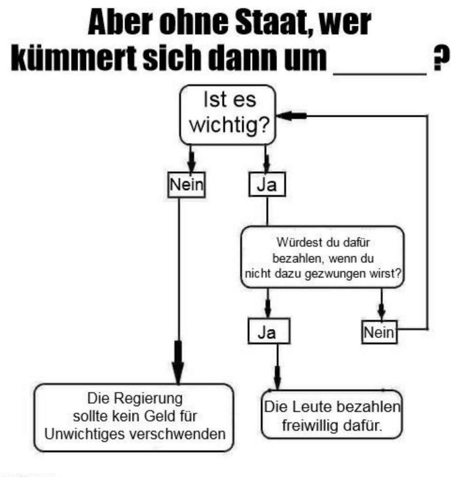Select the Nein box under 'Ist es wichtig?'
point(186,185)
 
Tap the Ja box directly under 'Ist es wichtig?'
point(267,185)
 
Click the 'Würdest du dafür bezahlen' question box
point(323,258)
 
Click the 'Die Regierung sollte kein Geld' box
point(134,417)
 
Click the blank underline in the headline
point(380,72)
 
